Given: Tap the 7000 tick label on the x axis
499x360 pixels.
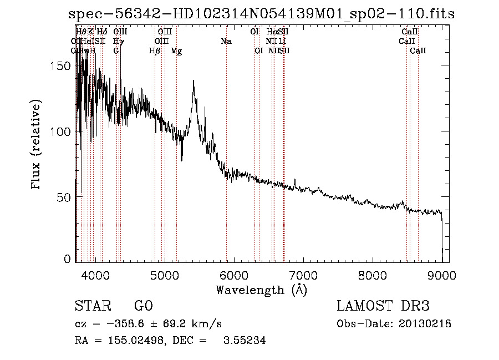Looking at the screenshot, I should tap(303, 274).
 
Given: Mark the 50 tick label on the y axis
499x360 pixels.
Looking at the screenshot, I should tap(64, 197).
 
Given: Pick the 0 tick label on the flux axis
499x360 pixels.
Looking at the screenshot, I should tap(68, 259).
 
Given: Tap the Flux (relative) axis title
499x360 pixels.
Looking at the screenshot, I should tap(37, 145).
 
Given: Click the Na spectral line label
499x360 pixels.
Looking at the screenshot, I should tap(226, 42).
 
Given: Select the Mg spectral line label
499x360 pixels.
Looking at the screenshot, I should tap(176, 51).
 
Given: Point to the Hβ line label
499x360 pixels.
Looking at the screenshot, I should tap(155, 51).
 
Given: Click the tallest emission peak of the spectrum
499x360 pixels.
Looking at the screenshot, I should tap(194, 81).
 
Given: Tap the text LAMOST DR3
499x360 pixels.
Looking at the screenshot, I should tap(383, 306).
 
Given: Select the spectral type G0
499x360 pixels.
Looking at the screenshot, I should tap(143, 306).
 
